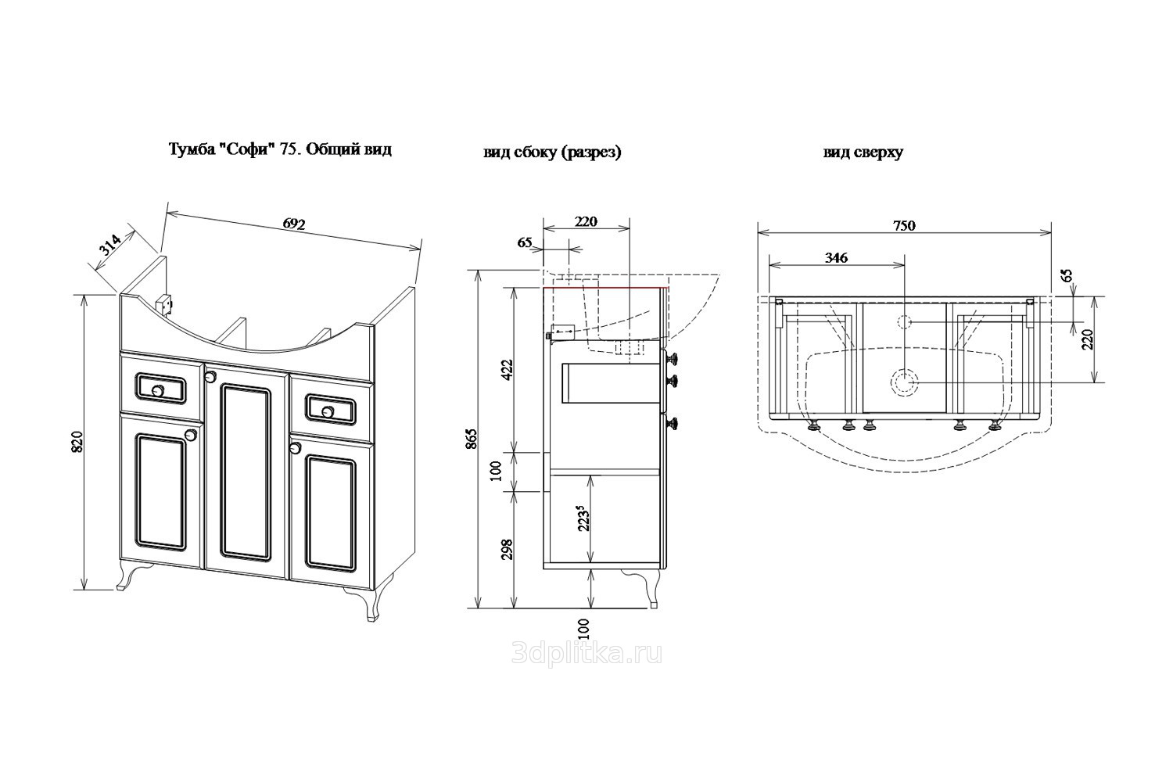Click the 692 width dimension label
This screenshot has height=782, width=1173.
(294, 224)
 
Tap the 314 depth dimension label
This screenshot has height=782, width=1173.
(110, 245)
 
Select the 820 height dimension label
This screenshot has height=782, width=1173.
(77, 442)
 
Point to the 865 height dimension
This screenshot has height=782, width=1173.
(472, 439)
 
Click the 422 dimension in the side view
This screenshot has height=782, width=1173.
(507, 370)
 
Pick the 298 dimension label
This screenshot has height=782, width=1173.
(507, 550)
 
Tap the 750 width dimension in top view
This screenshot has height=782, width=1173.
(904, 225)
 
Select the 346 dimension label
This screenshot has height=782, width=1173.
(836, 258)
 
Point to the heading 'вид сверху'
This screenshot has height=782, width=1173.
(863, 152)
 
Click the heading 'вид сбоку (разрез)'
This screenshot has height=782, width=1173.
(552, 152)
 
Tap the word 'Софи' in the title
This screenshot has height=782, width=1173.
(248, 149)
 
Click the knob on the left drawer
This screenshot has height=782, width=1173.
(158, 390)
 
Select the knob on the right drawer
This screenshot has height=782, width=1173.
(328, 412)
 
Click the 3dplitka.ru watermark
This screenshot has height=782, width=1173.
(586, 655)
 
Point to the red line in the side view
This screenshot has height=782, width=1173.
(606, 288)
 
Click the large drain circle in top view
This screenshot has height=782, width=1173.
(904, 382)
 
